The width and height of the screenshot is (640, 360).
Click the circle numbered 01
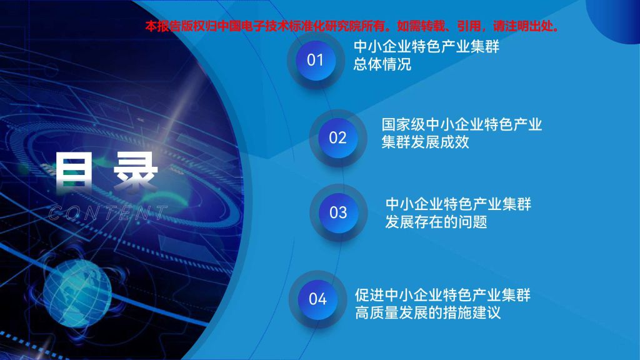point(315,61)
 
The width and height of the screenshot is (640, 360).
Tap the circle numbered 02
point(337,138)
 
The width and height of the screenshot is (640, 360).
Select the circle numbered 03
point(338,212)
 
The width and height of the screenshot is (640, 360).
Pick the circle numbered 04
point(317,299)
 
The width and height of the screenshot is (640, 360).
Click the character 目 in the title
point(74,170)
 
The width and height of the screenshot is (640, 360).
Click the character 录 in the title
point(136,171)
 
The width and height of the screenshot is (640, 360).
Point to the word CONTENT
point(108,213)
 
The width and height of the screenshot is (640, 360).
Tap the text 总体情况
point(382,64)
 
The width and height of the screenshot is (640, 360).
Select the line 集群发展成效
point(425,142)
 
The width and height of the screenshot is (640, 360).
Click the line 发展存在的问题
point(436,222)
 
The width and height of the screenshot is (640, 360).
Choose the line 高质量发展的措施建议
point(427,313)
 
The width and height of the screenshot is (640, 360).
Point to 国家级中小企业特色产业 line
point(462,124)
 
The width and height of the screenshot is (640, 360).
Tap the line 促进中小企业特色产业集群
point(442,295)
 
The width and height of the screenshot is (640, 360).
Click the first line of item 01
point(426,46)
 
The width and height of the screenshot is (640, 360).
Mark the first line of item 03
point(458,204)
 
